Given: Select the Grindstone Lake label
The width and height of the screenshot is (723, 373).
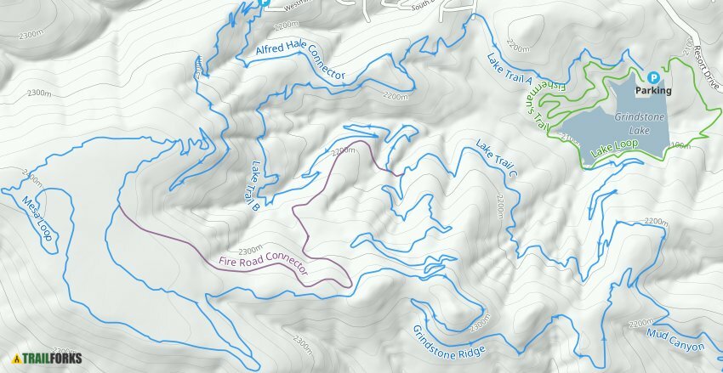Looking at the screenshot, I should (629, 124).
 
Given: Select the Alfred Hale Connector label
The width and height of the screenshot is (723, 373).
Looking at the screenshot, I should (299, 62).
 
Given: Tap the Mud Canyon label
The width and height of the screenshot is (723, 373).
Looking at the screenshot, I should (675, 340).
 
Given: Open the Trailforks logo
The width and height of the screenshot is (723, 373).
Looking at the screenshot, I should (43, 359).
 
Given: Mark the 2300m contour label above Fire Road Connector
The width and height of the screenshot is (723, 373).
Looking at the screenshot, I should (251, 251).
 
